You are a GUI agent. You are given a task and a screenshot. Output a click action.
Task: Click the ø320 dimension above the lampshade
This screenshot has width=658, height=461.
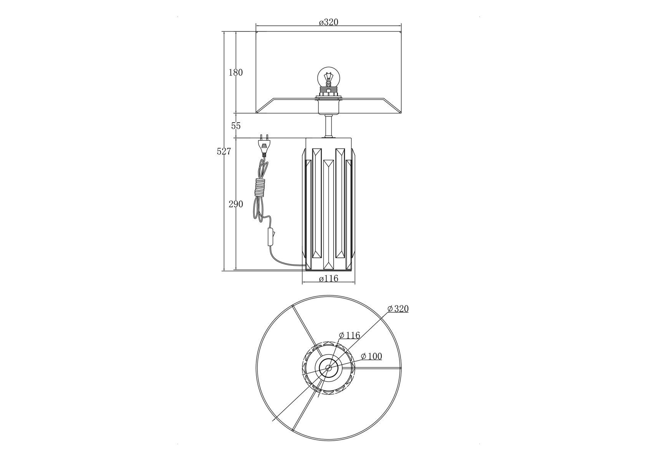coord(328,22)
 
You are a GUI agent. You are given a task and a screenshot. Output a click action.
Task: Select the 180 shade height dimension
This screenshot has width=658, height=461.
coord(236,72)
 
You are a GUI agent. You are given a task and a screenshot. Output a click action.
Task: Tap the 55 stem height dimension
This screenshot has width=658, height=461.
coord(236,126)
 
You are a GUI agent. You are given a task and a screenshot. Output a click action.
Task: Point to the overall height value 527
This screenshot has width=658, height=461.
coord(224,151)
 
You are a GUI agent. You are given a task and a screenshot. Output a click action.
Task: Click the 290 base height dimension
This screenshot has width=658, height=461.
coord(236,204)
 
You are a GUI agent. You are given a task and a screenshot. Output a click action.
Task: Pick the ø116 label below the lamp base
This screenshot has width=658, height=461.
coord(329,279)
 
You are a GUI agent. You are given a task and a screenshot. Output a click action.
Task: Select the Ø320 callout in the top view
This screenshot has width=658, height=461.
coord(398,308)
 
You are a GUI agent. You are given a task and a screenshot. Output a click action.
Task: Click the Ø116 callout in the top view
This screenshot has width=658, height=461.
coord(350,335)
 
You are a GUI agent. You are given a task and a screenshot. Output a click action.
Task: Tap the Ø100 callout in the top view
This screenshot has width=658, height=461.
coord(371,356)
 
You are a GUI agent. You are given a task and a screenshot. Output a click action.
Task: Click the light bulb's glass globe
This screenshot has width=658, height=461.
coord(328,78)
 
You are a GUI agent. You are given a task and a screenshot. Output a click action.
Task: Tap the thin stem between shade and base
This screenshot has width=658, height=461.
coord(328,126)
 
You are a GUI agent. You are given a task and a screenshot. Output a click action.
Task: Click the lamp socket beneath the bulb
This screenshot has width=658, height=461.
coord(328,102)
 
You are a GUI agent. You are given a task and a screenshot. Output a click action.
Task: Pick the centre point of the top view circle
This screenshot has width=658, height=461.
coord(328,368)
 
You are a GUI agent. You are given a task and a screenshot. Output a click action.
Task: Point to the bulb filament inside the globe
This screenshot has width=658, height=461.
coord(328,81)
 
